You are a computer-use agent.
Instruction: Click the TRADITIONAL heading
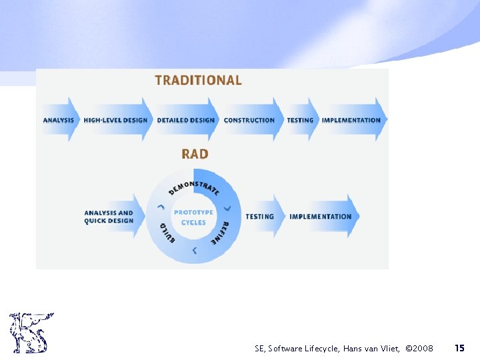198,81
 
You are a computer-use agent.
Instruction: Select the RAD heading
195,154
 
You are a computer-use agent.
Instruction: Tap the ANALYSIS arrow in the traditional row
59,120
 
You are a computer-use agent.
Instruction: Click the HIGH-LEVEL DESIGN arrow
116,120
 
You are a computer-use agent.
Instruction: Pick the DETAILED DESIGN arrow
186,120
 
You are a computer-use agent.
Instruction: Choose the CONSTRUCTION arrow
250,120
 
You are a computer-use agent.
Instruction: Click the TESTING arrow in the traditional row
301,120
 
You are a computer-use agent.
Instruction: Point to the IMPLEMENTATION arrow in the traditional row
352,120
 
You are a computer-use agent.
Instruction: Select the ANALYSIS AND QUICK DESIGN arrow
110,217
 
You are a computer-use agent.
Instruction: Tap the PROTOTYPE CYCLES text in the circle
193,217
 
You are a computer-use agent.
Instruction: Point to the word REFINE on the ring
221,233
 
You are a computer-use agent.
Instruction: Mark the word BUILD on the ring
167,232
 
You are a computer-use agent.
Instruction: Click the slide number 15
459,348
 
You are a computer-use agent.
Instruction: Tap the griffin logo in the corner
31,332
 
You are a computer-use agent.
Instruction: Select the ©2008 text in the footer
420,349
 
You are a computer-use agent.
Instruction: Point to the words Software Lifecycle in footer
303,349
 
